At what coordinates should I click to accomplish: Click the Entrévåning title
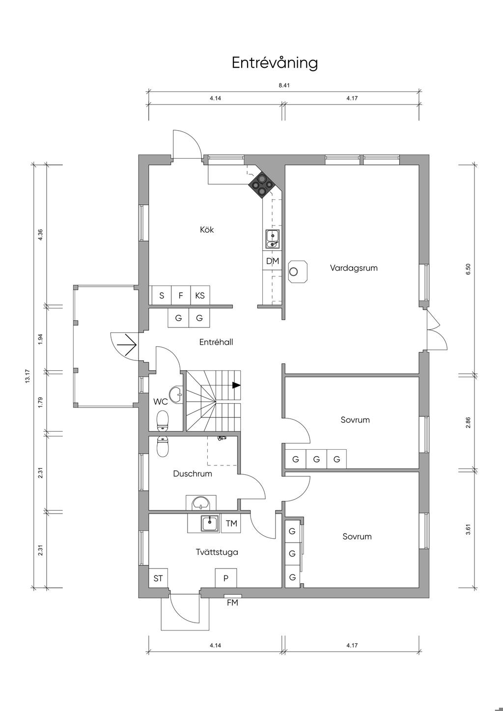pos(275,63)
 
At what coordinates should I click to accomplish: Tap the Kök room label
pos(207,229)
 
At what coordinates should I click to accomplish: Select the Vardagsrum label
pos(354,268)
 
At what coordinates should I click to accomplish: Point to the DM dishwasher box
pos(272,261)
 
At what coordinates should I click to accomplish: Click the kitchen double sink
pos(273,239)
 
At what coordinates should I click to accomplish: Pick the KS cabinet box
pos(200,296)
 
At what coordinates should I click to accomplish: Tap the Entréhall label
pos(216,342)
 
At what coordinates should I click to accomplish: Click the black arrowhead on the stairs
pos(236,385)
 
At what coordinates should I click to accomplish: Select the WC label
pos(160,402)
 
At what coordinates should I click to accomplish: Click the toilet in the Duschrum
pos(163,447)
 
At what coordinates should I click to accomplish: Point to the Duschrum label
pos(193,473)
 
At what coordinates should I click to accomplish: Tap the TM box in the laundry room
pos(231,523)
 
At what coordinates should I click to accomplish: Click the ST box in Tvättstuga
pos(158,578)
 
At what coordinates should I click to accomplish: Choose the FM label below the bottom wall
pos(232,602)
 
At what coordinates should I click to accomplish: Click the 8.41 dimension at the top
pos(284,85)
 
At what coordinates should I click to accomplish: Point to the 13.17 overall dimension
pos(28,376)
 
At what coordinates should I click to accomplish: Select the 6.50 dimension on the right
pos(468,269)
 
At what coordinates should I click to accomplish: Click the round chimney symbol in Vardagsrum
pos(294,272)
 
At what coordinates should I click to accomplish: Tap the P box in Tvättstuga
pos(226,578)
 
